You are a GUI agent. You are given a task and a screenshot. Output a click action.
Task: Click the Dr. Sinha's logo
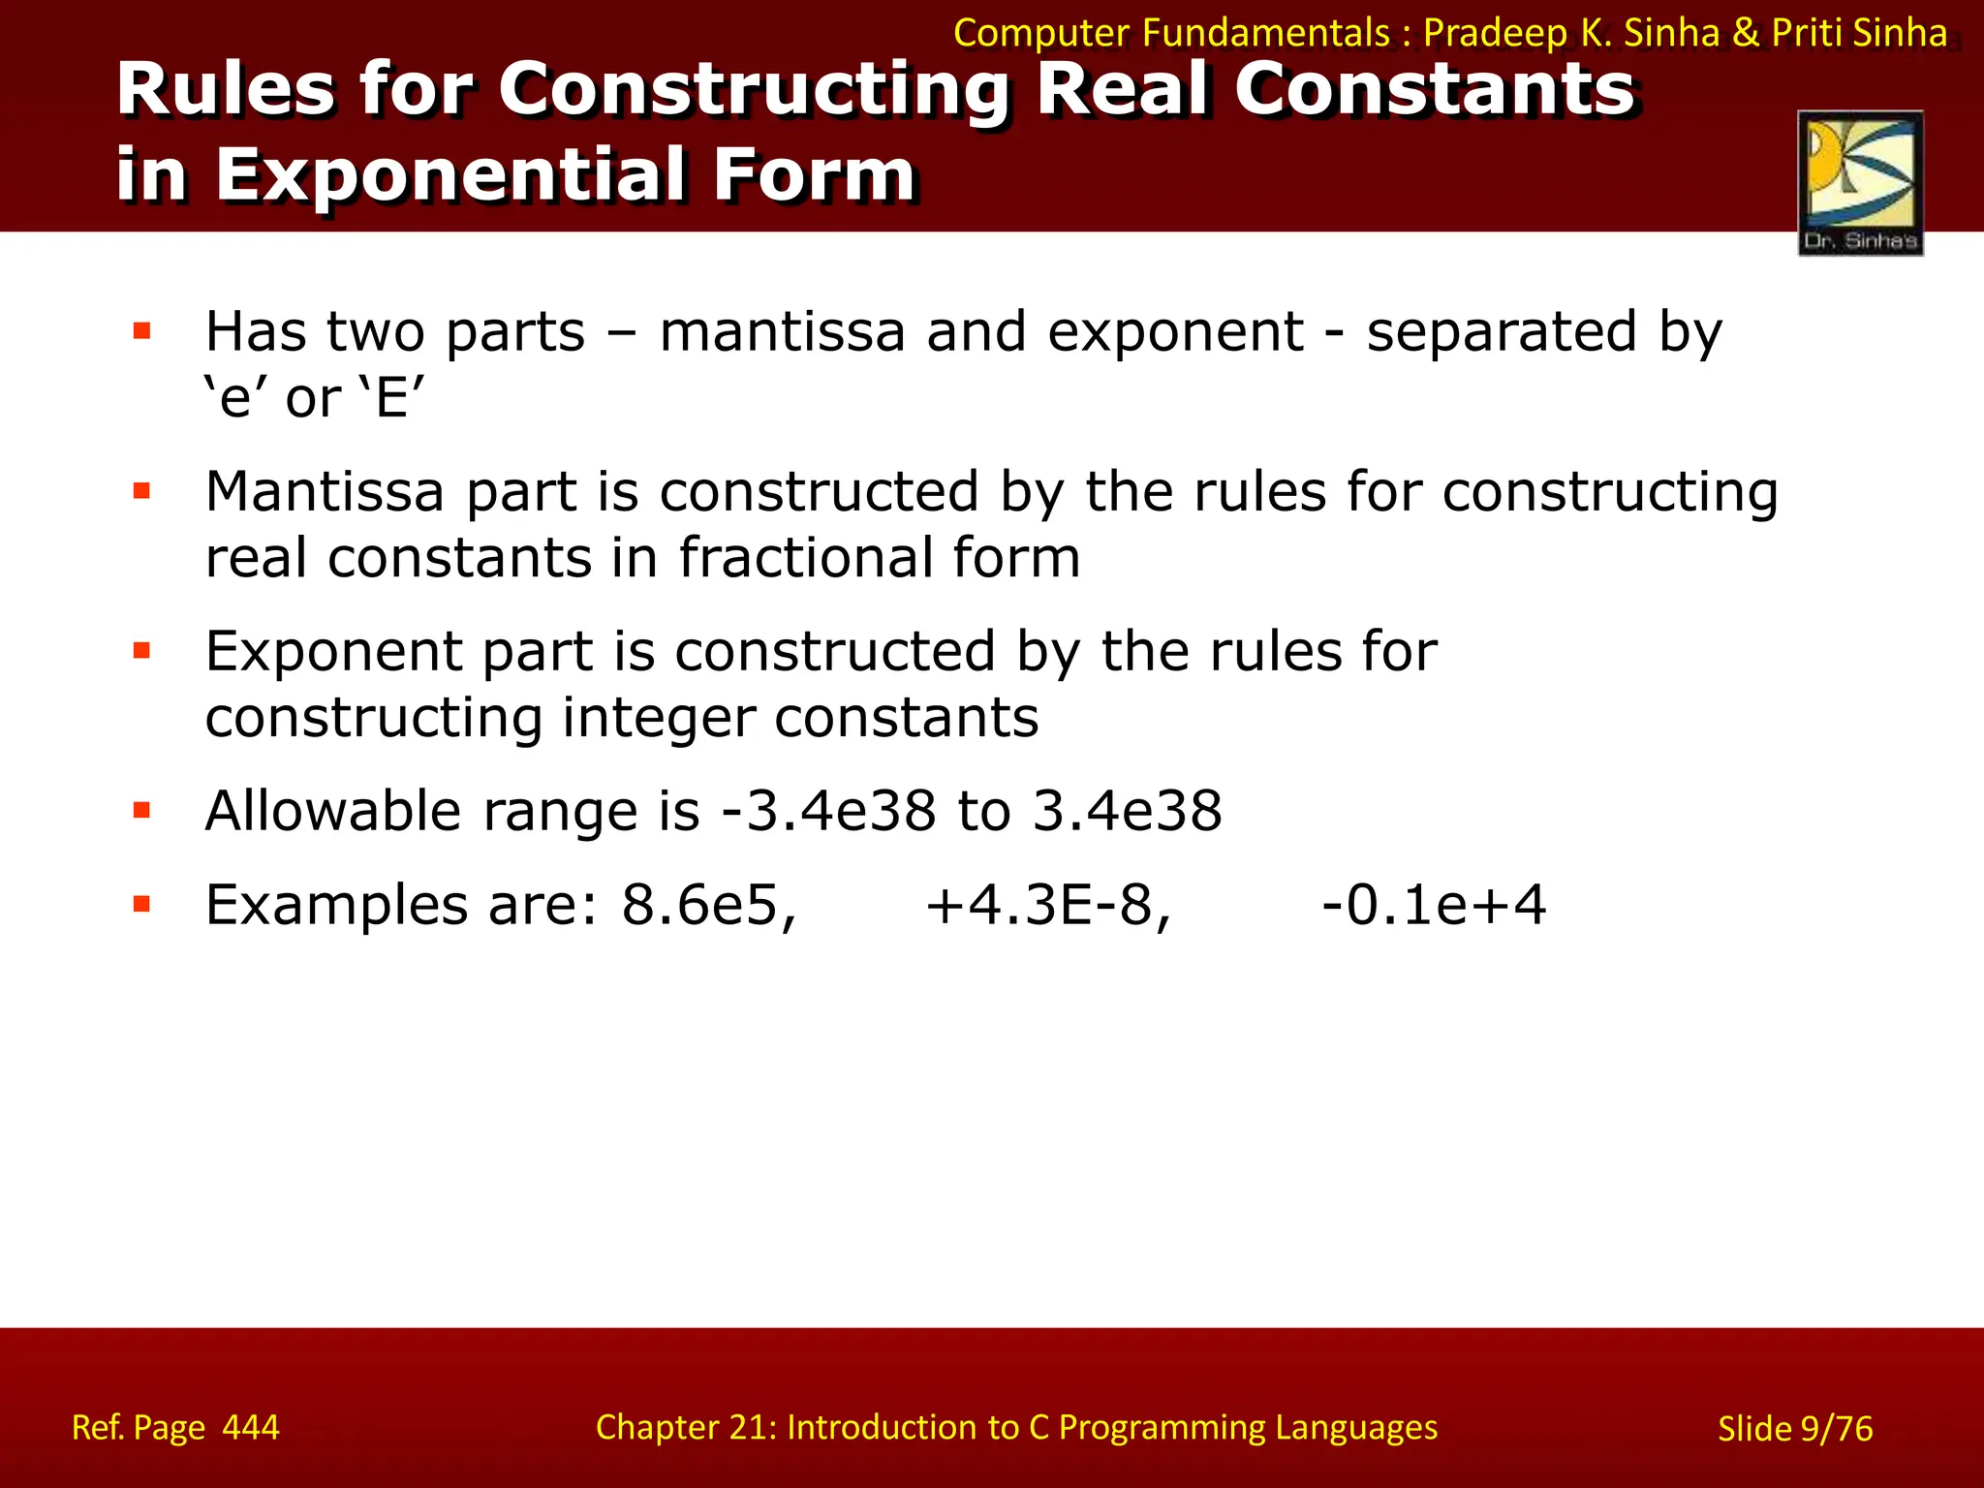(x=1860, y=183)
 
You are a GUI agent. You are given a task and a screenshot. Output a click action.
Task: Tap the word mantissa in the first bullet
(x=781, y=332)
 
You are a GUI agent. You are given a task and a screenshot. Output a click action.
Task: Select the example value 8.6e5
(x=709, y=906)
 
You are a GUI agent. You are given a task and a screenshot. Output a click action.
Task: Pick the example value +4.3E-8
(x=1048, y=906)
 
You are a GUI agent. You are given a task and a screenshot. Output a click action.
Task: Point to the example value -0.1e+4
(x=1434, y=906)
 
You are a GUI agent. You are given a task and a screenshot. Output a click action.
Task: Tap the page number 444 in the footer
(x=251, y=1427)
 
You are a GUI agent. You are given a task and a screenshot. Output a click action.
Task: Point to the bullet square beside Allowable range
(x=142, y=811)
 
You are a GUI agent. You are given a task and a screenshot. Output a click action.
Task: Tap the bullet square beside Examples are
(x=142, y=906)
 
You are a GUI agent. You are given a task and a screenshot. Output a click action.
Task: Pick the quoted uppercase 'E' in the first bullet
(x=392, y=398)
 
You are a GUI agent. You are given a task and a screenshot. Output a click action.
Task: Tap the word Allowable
(x=332, y=811)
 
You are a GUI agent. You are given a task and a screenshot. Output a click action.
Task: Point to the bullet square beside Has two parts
(x=142, y=332)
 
